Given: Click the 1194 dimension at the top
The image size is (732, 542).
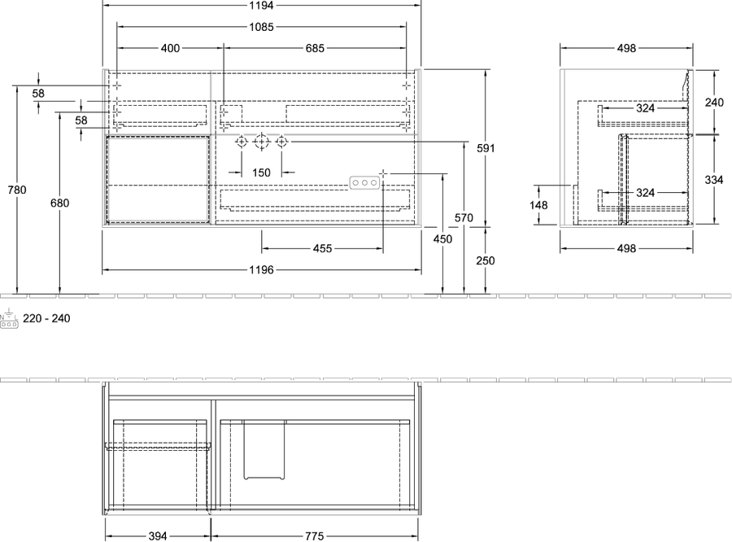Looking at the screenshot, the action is click(261, 6).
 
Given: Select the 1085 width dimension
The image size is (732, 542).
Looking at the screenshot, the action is click(261, 27).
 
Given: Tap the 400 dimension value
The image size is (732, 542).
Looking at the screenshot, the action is click(171, 48).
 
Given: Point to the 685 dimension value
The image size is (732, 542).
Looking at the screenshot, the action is click(315, 48).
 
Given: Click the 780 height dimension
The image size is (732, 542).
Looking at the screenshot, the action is click(17, 190).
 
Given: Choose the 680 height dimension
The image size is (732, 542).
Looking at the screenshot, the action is click(59, 203).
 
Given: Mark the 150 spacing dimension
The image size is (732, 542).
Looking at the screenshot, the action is click(261, 173).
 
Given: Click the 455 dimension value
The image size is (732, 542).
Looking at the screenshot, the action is click(322, 248).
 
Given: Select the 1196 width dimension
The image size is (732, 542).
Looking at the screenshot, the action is click(261, 270).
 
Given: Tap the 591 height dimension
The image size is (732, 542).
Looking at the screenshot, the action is click(486, 148).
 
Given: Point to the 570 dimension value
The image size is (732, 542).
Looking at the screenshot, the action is click(464, 218).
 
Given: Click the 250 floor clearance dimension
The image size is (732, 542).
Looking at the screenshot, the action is click(486, 260).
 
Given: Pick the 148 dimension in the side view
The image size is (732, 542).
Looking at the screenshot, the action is click(538, 204).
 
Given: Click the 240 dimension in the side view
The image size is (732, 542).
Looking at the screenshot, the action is click(714, 103).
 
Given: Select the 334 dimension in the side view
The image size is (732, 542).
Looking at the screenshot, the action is click(714, 179).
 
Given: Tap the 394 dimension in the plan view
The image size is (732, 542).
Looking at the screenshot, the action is click(158, 536).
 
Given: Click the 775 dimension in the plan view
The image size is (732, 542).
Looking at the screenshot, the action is click(315, 536).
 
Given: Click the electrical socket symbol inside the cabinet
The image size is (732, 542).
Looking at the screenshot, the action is click(364, 182).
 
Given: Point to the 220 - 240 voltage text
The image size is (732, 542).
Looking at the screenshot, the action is click(46, 319).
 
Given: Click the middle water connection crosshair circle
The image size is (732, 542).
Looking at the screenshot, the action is click(261, 141).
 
